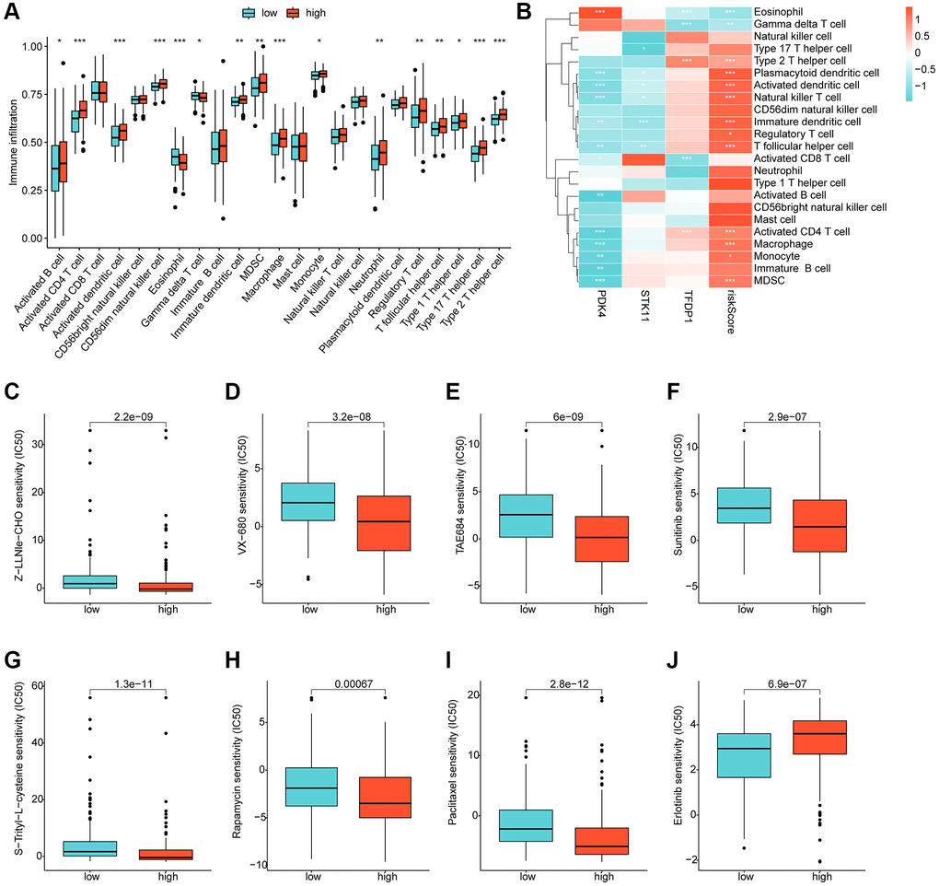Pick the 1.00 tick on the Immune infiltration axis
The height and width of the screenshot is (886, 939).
(34, 46)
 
